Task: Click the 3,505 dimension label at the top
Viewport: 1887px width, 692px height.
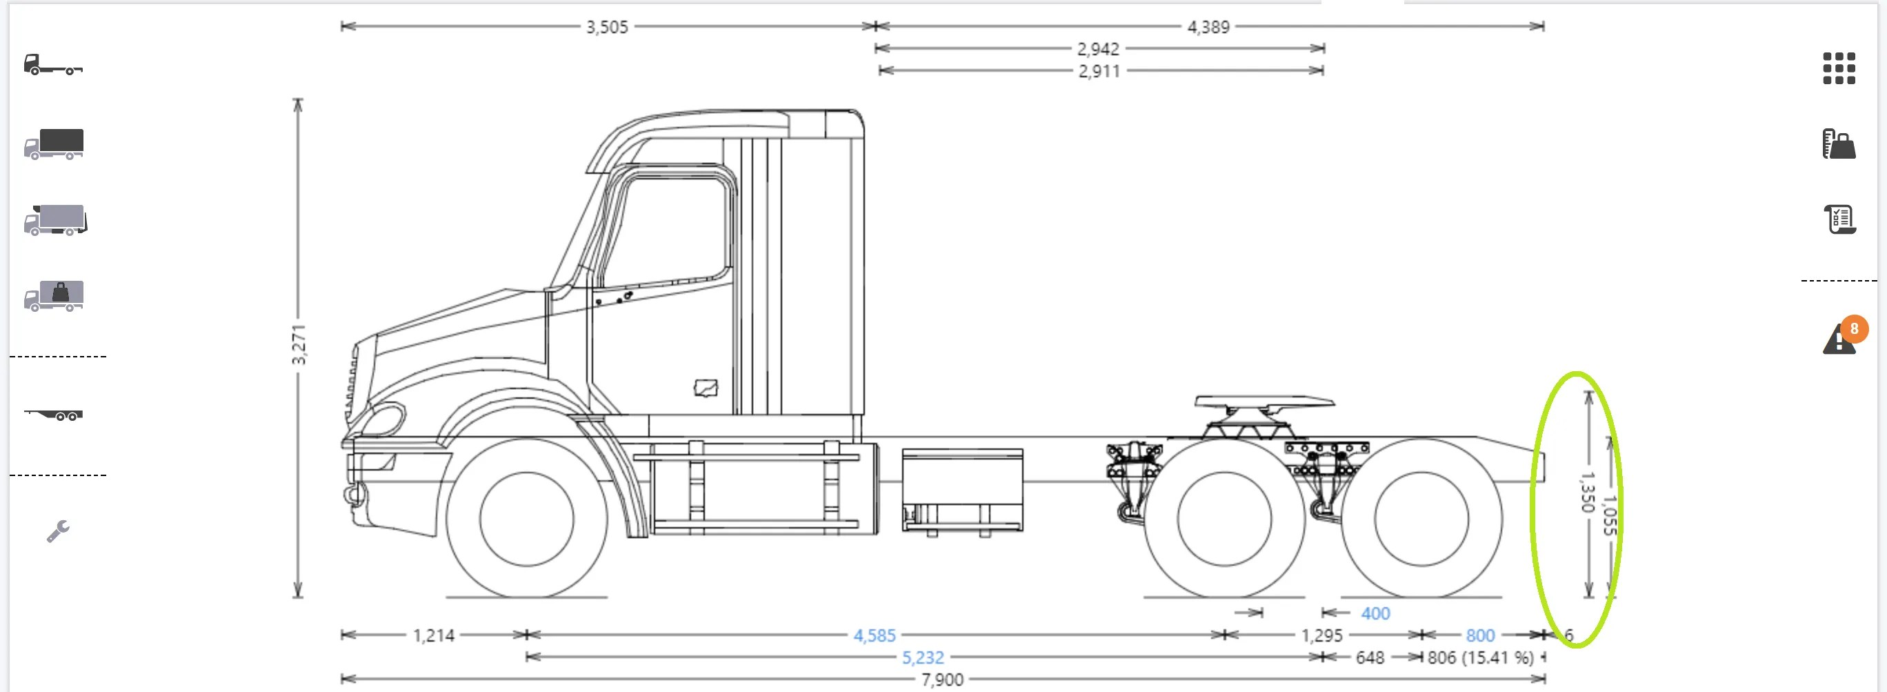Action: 606,27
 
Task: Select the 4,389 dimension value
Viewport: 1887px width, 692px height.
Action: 1208,27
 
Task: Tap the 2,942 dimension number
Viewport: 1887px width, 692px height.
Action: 1097,49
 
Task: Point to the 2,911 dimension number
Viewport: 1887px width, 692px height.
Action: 1099,71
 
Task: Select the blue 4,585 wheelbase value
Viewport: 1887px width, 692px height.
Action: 874,635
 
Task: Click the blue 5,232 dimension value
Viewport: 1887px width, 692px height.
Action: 922,658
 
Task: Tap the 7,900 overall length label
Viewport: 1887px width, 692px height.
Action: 942,680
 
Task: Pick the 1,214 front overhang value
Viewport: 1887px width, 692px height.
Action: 434,635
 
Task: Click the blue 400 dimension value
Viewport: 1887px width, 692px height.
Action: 1375,613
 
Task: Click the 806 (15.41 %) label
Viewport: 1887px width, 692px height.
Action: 1479,658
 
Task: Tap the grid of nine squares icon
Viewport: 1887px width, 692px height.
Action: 1839,68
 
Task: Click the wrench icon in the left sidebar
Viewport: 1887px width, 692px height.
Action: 58,531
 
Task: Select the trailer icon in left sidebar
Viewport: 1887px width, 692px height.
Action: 54,415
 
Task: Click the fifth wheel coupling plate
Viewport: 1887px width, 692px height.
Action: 1264,402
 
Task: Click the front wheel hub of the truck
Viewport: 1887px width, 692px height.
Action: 527,519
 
